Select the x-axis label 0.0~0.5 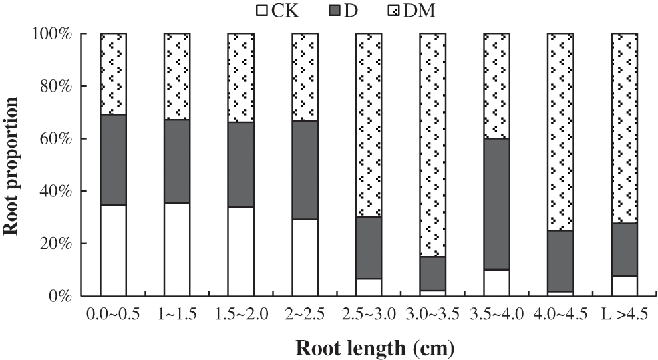pyautogui.click(x=113, y=315)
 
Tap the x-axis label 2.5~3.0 pyautogui.click(x=369, y=315)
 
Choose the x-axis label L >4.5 pyautogui.click(x=624, y=315)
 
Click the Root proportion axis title pyautogui.click(x=11, y=164)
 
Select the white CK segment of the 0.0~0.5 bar pyautogui.click(x=113, y=250)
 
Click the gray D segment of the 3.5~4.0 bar pyautogui.click(x=496, y=204)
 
